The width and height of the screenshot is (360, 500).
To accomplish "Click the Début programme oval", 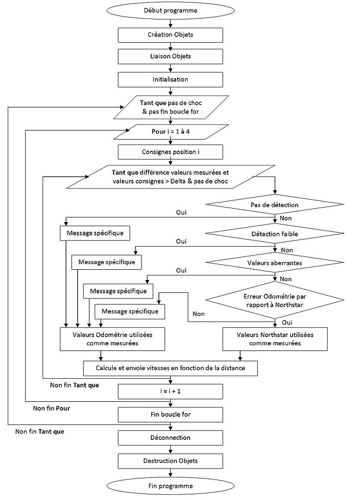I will click(x=170, y=10).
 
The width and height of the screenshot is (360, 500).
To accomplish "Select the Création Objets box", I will click(x=170, y=34).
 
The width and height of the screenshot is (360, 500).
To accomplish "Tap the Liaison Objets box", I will click(x=170, y=57).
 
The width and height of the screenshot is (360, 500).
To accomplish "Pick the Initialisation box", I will click(x=170, y=80).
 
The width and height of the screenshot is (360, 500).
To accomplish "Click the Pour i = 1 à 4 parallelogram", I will click(x=170, y=132).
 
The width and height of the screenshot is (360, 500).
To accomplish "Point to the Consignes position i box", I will click(x=170, y=152).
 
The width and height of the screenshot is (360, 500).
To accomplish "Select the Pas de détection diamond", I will click(x=274, y=205).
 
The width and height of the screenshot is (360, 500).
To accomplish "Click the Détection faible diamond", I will click(x=274, y=234).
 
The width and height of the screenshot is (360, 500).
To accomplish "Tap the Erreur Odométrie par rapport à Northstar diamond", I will click(x=274, y=301).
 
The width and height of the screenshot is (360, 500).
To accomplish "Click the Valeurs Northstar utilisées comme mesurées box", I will click(x=276, y=338).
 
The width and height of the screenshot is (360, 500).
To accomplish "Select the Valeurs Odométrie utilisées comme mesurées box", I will click(x=113, y=338).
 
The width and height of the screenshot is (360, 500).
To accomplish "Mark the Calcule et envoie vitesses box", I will click(x=170, y=368).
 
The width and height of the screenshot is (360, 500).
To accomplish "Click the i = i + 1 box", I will click(x=170, y=392).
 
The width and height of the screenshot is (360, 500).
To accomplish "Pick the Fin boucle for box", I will click(x=170, y=414).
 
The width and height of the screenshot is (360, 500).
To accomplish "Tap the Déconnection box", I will click(x=170, y=438).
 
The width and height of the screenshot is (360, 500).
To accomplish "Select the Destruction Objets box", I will click(x=170, y=460).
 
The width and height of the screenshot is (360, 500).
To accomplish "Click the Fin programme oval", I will click(x=170, y=486).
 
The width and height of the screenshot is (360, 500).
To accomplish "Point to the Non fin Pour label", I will click(x=51, y=409).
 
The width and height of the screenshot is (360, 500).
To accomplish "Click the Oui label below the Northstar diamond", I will click(x=287, y=322).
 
